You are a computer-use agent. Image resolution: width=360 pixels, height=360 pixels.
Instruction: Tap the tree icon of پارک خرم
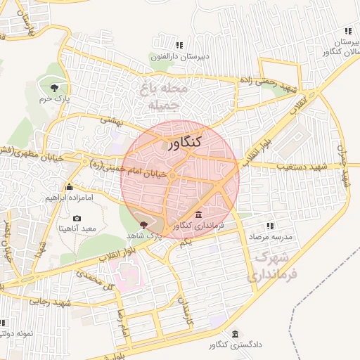[x=54, y=88]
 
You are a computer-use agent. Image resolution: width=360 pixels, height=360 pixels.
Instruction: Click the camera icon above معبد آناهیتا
[x=77, y=219]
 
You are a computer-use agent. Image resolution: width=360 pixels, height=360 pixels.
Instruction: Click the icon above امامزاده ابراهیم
[x=69, y=187]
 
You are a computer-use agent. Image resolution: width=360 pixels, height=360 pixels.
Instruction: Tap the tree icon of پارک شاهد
[x=144, y=224]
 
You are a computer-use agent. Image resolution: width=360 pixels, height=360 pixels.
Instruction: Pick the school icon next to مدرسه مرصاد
[x=269, y=226]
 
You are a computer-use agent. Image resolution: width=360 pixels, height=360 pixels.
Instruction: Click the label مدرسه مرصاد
[x=269, y=237]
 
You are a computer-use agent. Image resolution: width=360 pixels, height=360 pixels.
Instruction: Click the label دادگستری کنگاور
[x=234, y=345]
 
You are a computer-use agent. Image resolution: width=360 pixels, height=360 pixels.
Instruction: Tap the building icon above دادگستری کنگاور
[x=234, y=334]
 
